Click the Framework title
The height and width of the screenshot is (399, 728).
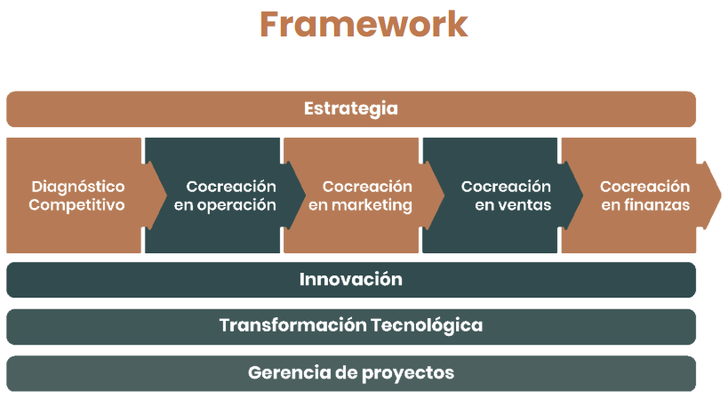tap(364, 24)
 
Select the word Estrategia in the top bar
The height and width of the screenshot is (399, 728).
tap(351, 109)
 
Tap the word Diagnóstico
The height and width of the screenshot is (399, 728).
tap(78, 187)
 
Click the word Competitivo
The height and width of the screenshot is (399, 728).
tap(76, 205)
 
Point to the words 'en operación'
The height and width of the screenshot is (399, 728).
tap(225, 205)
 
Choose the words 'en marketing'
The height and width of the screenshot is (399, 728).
tap(360, 205)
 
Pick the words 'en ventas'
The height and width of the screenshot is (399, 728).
tap(513, 205)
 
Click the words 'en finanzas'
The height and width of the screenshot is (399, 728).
tap(645, 205)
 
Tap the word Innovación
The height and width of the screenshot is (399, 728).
tap(351, 279)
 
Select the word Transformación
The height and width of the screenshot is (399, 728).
tap(293, 325)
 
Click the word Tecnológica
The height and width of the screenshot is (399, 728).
tap(427, 326)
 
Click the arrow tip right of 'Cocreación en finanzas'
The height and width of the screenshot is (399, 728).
tap(721, 196)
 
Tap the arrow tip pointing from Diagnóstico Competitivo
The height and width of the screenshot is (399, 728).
tap(166, 196)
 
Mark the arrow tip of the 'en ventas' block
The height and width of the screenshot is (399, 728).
tap(583, 196)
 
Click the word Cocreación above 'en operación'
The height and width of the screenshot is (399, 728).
tap(231, 187)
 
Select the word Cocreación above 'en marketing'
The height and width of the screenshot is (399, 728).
tap(367, 187)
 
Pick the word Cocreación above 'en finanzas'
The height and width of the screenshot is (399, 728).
tap(645, 187)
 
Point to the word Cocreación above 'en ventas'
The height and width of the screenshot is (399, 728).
tap(506, 187)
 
